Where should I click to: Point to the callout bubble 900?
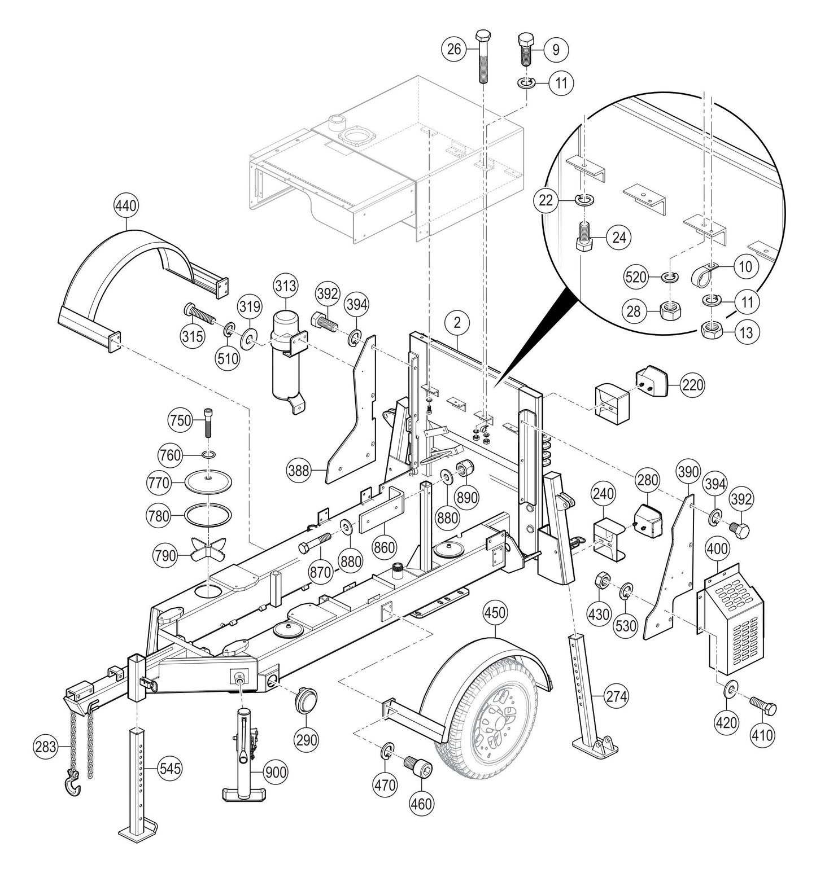pos(276,773)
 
